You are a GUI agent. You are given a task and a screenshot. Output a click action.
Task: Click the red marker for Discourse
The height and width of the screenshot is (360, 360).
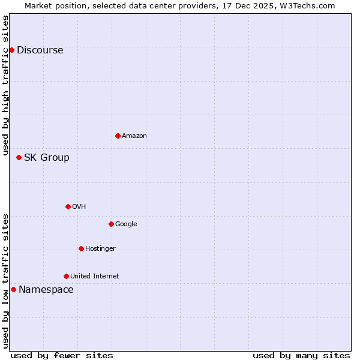click(11, 50)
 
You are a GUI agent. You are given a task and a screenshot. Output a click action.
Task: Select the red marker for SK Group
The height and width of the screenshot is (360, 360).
click(19, 157)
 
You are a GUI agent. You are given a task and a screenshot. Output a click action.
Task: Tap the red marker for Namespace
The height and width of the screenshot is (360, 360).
click(13, 289)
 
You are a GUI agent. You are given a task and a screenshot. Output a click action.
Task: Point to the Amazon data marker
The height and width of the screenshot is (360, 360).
click(118, 136)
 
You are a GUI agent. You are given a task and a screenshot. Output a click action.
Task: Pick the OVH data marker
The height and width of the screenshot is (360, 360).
click(68, 206)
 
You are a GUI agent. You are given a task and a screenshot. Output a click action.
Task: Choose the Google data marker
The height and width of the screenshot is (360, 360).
click(111, 224)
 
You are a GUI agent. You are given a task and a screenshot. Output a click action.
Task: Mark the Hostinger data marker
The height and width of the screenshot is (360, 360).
click(81, 248)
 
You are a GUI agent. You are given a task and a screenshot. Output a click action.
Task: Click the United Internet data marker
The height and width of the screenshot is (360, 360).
click(66, 276)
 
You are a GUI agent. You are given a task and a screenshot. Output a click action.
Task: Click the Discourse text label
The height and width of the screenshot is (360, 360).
click(40, 50)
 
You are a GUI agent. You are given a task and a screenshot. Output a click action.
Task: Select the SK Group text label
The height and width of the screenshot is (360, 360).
click(46, 158)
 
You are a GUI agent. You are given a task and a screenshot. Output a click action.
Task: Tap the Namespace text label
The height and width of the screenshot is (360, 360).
click(46, 290)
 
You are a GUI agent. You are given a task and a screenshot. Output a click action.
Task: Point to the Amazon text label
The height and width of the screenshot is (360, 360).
click(134, 136)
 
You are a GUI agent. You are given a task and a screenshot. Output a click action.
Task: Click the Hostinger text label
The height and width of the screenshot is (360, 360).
click(100, 249)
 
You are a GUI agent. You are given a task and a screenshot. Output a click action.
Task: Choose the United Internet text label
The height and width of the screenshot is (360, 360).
click(94, 277)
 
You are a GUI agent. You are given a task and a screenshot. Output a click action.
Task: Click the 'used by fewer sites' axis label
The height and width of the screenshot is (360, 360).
click(62, 355)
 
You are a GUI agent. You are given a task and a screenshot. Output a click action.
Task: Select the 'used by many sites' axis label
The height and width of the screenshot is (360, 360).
click(301, 355)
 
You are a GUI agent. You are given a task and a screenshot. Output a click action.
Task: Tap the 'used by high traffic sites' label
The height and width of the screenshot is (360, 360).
click(6, 85)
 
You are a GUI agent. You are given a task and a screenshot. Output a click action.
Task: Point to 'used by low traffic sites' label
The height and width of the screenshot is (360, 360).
click(6, 281)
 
